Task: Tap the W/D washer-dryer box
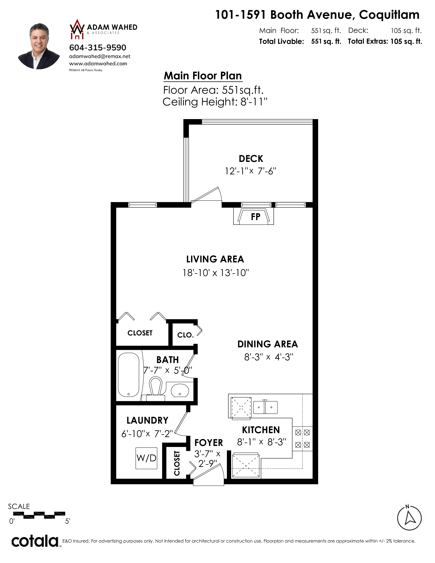click(x=146, y=458)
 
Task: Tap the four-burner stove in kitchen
click(x=302, y=438)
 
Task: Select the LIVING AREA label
click(x=215, y=259)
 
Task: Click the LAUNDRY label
click(x=147, y=420)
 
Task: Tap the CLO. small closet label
click(x=185, y=335)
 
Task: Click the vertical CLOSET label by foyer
click(x=177, y=463)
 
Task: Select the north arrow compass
click(x=409, y=518)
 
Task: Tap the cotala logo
click(x=35, y=541)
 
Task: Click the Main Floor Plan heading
click(x=203, y=76)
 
